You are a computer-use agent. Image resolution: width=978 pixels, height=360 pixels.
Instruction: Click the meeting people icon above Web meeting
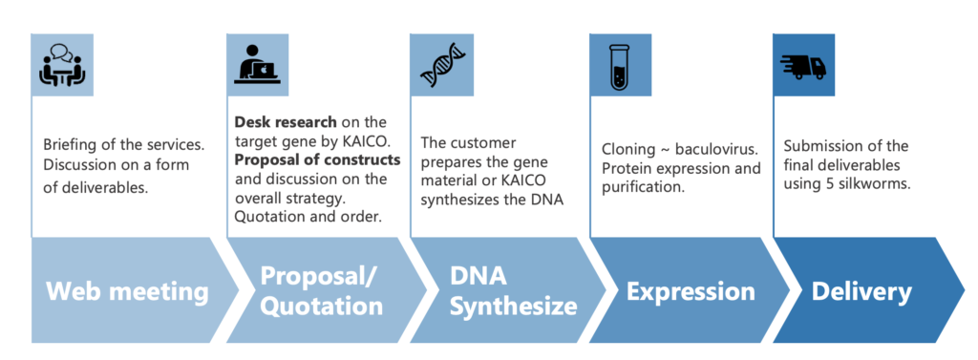[62, 66]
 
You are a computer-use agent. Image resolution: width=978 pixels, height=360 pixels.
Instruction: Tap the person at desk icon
[257, 64]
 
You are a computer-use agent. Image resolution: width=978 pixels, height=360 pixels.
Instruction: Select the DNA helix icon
[442, 65]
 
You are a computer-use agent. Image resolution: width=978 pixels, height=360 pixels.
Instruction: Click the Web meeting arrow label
[127, 291]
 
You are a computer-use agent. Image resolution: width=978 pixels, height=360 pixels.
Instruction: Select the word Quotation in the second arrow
[321, 307]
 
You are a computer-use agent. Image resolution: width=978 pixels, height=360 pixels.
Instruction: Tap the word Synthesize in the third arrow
[513, 307]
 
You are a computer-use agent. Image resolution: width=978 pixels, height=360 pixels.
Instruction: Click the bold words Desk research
[285, 121]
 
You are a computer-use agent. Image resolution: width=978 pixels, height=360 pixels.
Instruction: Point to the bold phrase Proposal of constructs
[317, 159]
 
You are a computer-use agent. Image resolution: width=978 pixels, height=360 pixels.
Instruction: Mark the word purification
[639, 187]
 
